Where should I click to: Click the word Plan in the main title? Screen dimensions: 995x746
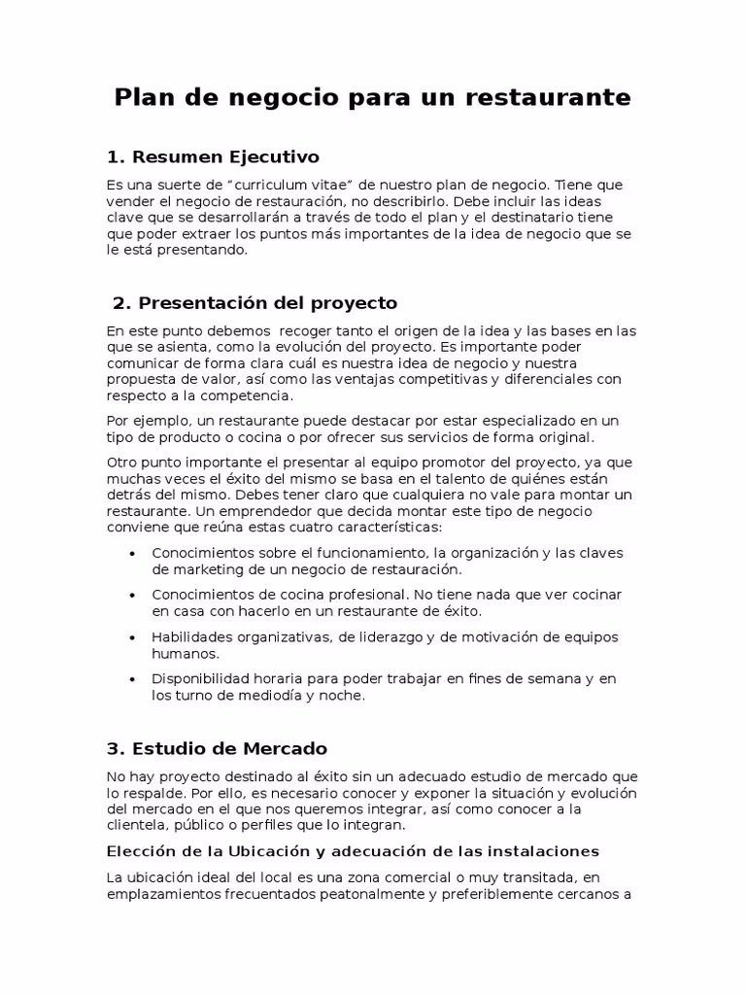pos(145,98)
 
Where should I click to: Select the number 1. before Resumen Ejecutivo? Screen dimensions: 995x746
pos(116,156)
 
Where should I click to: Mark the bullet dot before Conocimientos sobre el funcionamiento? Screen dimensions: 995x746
pos(132,553)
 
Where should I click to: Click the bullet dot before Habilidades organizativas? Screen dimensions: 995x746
pos(132,637)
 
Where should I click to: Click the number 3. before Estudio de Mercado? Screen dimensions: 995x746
pos(116,748)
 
